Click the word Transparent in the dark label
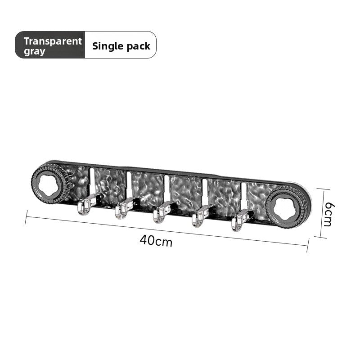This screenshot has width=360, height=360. (x=53, y=41)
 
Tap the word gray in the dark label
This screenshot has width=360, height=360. (x=35, y=52)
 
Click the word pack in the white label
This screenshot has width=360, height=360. (x=139, y=46)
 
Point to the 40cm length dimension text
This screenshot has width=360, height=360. (x=156, y=241)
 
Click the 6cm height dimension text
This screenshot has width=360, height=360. (x=328, y=214)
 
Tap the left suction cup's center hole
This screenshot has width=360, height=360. (x=49, y=185)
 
